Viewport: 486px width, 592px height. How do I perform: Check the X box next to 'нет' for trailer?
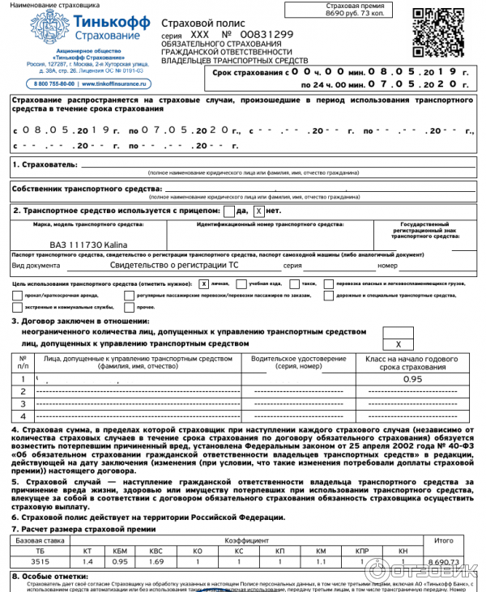(x=258, y=211)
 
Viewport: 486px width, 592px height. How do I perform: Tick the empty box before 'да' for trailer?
(x=229, y=211)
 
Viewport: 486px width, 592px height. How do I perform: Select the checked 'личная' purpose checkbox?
(x=203, y=284)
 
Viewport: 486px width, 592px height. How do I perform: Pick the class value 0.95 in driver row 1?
(x=413, y=378)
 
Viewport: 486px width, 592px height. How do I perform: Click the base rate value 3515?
(x=40, y=560)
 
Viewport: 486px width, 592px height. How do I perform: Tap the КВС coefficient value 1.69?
(x=156, y=560)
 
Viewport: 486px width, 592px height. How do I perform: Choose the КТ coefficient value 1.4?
(x=87, y=560)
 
